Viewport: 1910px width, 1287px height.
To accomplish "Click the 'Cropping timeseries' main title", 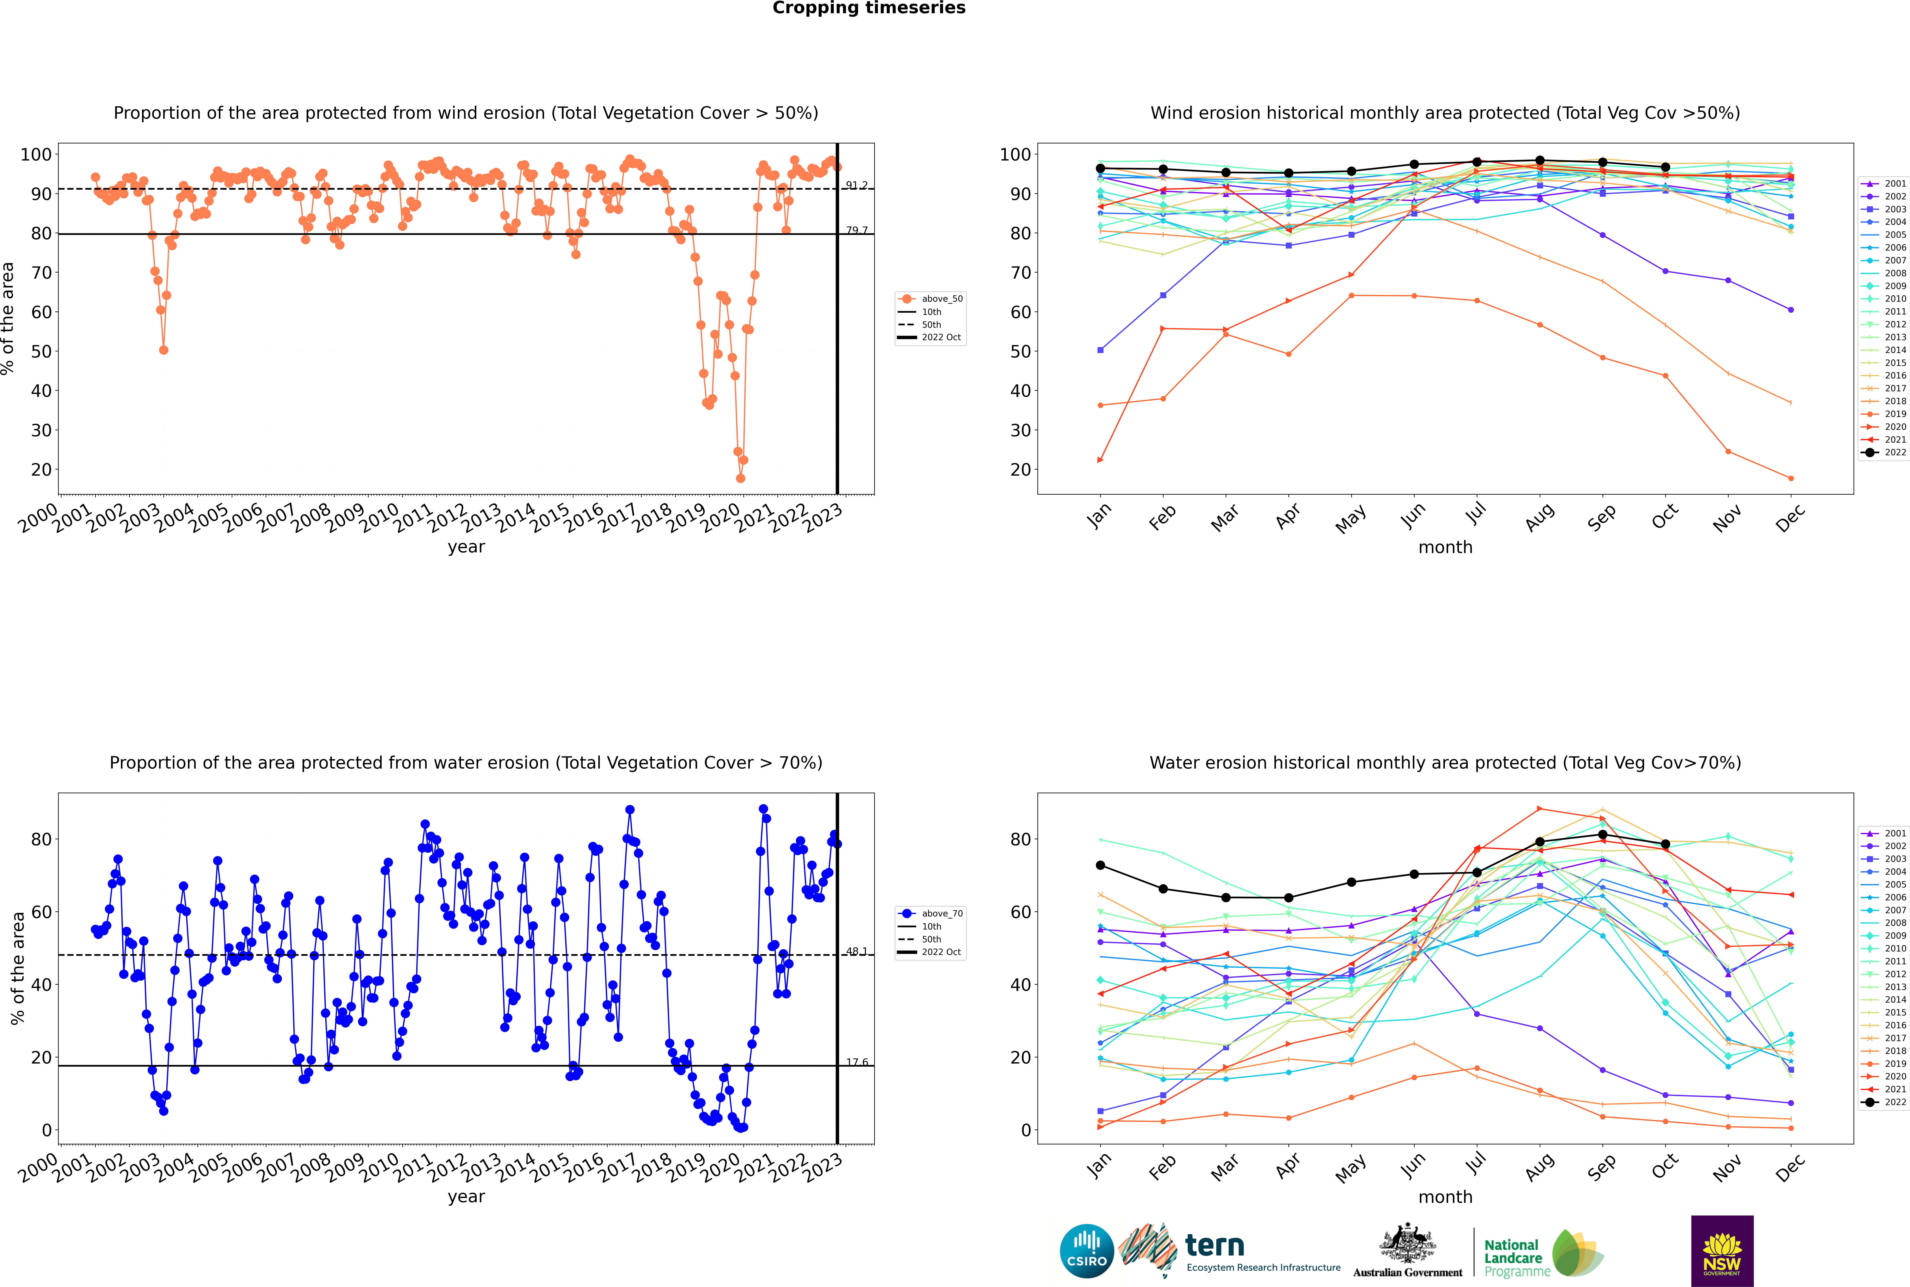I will (869, 8).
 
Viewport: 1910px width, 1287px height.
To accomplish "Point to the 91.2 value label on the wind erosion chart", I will (856, 186).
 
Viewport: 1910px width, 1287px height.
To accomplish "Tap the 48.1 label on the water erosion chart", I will (856, 951).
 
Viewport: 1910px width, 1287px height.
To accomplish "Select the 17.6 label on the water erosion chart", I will (856, 1062).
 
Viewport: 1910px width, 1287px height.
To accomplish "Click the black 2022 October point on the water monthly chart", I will (1665, 844).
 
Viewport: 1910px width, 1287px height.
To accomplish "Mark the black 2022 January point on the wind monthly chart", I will (1100, 168).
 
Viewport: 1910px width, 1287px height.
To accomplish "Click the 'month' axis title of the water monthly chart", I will (1445, 1197).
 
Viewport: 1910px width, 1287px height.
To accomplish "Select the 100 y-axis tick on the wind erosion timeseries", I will (36, 154).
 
